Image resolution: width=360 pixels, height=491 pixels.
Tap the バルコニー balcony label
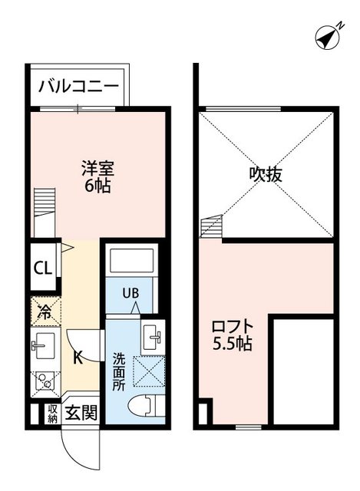78,84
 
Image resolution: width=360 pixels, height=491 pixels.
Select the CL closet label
42,268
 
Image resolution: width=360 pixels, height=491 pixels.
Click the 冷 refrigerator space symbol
45,312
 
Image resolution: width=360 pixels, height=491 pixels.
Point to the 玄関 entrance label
80,414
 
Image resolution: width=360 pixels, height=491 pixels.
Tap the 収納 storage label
52,414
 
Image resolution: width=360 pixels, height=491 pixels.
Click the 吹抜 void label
266,174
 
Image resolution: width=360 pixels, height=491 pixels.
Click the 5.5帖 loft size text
232,344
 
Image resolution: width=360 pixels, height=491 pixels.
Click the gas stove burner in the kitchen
45,381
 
